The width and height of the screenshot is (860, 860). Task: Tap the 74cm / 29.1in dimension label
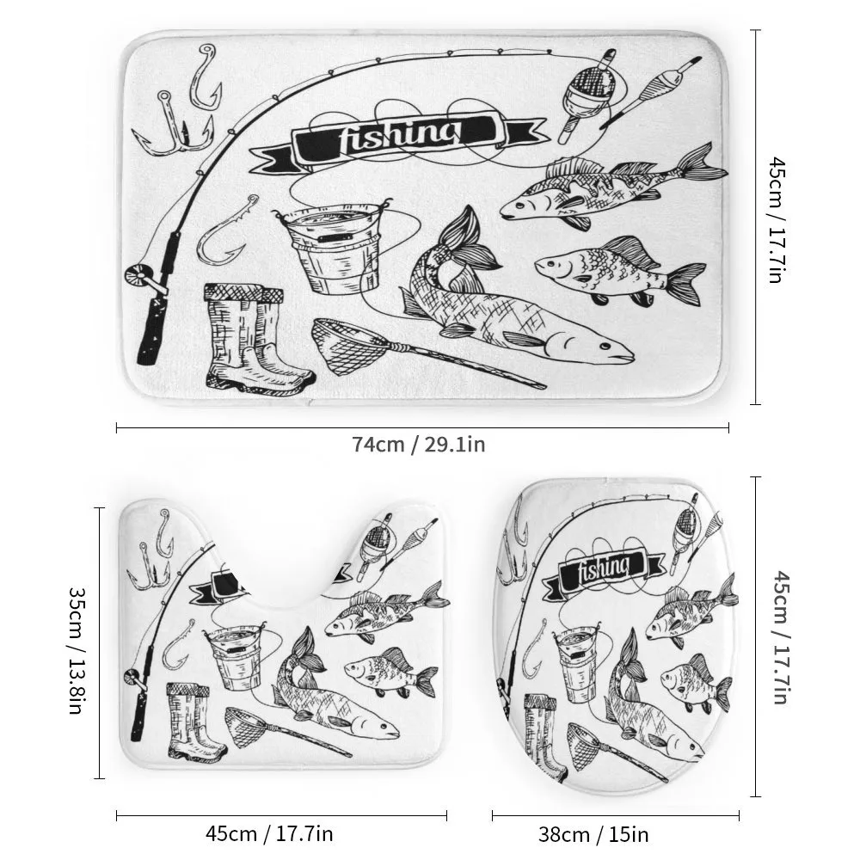point(419,445)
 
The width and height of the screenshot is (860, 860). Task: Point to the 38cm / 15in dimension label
point(593,835)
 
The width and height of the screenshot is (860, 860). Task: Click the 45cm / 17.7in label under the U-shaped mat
point(269,833)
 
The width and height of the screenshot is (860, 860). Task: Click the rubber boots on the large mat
point(255,337)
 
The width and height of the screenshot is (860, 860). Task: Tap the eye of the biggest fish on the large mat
point(604,347)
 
